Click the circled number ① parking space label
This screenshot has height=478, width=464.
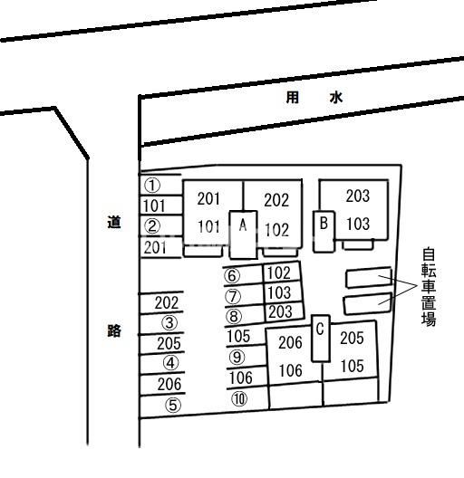(x=151, y=186)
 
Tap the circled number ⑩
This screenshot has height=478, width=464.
(x=239, y=398)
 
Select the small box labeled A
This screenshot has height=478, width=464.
(x=243, y=234)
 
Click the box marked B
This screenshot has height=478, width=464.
(x=324, y=232)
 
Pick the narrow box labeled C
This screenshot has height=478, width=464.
(x=321, y=339)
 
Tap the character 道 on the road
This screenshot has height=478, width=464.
(x=114, y=222)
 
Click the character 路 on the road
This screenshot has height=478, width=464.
(x=114, y=330)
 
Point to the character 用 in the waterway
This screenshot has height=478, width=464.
(x=293, y=98)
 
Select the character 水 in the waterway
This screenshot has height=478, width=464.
(x=336, y=98)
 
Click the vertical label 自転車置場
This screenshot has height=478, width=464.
(x=429, y=287)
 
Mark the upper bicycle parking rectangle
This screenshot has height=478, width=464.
(x=369, y=277)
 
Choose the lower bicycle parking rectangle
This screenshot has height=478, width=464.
(x=368, y=303)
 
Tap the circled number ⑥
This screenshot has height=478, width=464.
(x=232, y=275)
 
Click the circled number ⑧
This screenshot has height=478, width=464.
(x=234, y=316)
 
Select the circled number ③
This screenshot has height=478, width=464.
(x=169, y=323)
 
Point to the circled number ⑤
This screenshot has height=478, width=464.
(x=173, y=406)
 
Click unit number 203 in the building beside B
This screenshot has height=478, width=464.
(x=358, y=196)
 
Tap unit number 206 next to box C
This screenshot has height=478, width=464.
(x=290, y=342)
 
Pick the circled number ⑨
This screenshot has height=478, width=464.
(x=237, y=357)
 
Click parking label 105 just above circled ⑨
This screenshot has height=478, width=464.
(x=238, y=336)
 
